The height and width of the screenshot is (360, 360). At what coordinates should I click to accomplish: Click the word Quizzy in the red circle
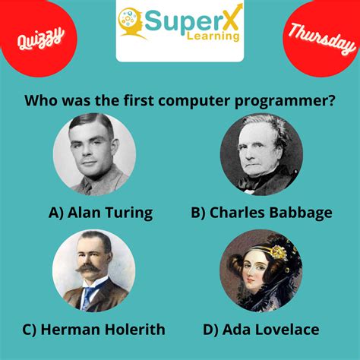tap(35, 36)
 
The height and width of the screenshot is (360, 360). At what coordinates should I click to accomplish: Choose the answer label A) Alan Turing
tap(100, 213)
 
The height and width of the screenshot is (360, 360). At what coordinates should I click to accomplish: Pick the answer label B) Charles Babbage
tap(261, 213)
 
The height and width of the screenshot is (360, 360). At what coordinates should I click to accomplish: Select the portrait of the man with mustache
tap(94, 271)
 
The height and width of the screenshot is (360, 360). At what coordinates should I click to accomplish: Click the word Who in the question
tap(41, 101)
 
